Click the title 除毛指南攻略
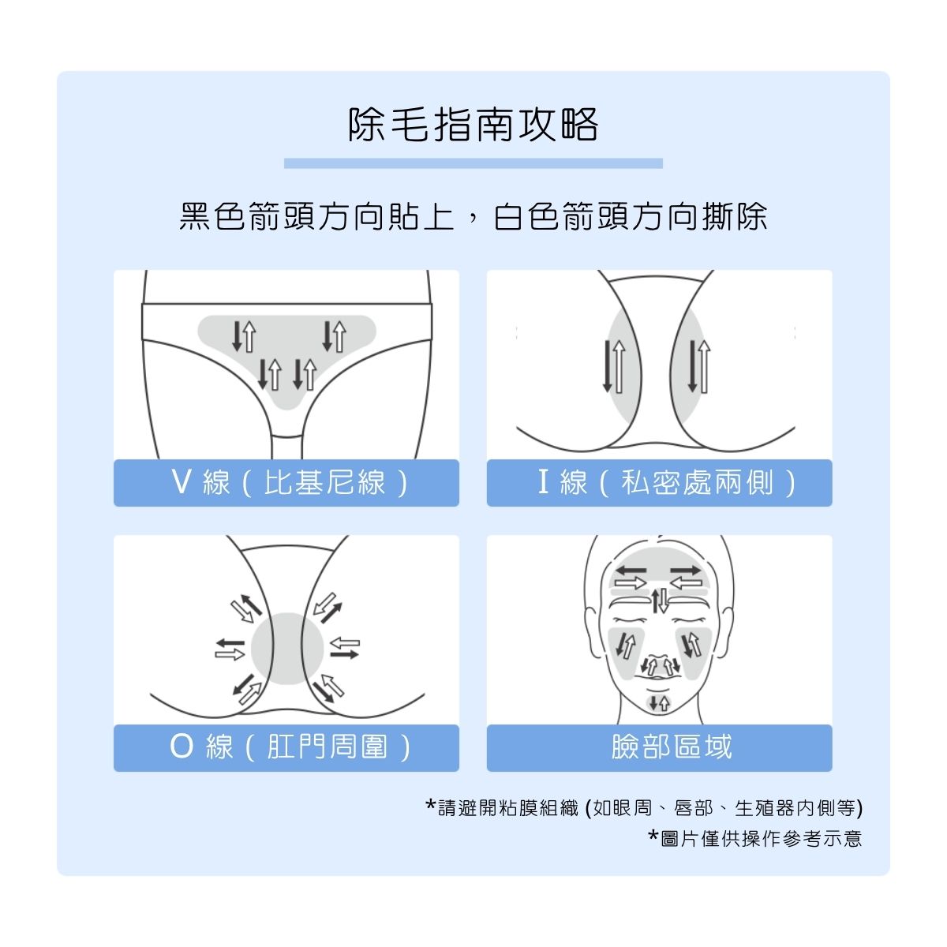point(473,124)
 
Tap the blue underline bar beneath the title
point(473,163)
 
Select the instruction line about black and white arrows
point(473,216)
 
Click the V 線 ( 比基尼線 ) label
point(286,482)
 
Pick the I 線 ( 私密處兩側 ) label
point(660,482)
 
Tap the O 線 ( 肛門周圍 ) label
point(286,747)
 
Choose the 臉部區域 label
point(660,747)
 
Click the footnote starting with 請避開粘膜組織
point(643,808)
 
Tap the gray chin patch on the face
point(660,702)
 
